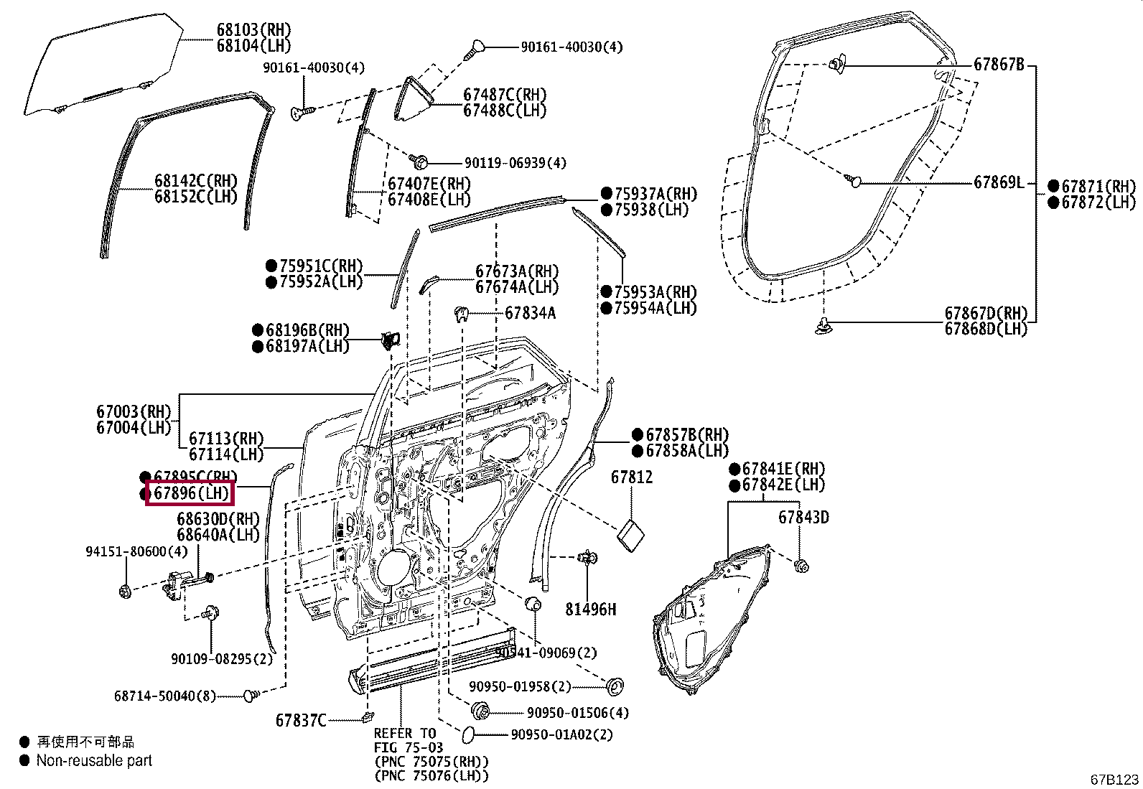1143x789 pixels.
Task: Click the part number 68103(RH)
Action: [253, 30]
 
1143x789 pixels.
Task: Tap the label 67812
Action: [632, 477]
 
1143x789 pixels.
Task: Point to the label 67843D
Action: [803, 517]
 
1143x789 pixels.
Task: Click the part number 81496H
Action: [590, 610]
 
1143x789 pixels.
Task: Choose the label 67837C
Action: [301, 720]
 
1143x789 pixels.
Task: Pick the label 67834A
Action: [530, 313]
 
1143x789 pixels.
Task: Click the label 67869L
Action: [999, 182]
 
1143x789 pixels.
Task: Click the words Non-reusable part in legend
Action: [94, 760]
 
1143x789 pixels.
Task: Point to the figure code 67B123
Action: [1114, 780]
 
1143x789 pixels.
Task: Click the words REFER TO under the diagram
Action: [404, 734]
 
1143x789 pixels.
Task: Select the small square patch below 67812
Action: [631, 536]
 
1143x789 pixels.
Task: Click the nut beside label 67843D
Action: [802, 566]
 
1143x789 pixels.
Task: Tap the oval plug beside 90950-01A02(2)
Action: [466, 733]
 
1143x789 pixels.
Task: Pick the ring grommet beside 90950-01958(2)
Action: [615, 686]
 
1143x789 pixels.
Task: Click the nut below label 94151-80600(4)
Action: [125, 592]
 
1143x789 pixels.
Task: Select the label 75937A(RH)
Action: [656, 194]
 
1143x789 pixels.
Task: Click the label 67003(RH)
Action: [134, 412]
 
